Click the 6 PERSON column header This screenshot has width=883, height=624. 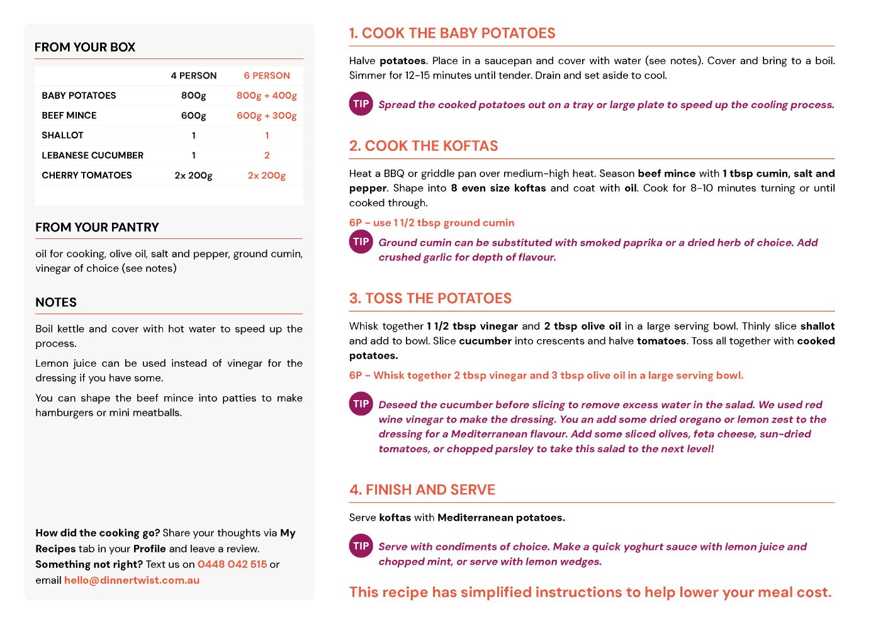click(267, 75)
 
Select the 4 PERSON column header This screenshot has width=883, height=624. click(193, 75)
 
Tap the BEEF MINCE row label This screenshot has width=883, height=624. click(69, 116)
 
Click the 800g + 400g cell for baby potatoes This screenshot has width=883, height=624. click(266, 96)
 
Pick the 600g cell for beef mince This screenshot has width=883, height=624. click(193, 116)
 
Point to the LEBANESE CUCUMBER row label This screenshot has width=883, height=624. click(93, 155)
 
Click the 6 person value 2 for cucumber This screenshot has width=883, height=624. click(267, 155)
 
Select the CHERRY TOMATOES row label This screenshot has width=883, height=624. click(87, 175)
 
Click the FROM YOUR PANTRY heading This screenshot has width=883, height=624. click(97, 227)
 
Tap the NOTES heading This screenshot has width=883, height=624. click(56, 303)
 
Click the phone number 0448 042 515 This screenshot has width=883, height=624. click(232, 564)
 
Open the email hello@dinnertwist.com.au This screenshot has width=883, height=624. click(132, 580)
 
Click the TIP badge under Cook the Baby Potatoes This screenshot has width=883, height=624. click(361, 104)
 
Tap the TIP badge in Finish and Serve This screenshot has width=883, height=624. click(361, 546)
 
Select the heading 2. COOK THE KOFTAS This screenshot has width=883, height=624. click(424, 146)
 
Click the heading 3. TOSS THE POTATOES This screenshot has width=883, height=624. click(430, 298)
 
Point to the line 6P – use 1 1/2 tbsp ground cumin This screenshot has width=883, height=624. click(432, 223)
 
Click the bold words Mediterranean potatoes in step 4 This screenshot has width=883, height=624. click(501, 518)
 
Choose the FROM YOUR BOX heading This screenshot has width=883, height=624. click(85, 47)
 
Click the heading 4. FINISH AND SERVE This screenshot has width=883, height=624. click(422, 489)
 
